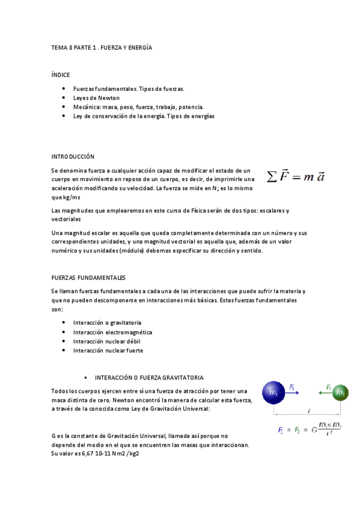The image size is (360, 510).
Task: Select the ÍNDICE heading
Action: coord(61,75)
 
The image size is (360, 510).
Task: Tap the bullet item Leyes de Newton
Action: coord(96,97)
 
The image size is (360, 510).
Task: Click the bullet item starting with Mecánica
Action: coord(138,106)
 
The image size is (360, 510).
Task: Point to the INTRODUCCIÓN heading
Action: coord(73,156)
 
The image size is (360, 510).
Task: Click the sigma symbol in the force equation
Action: coord(272,177)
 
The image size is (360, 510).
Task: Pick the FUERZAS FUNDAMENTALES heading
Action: coord(88,278)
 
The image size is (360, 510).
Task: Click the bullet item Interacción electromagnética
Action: coord(112,332)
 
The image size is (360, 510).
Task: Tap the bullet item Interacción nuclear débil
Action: coord(106,341)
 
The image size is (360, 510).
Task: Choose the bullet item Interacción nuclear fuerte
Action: coord(108,350)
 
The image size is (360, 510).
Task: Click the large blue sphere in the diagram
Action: coord(275,393)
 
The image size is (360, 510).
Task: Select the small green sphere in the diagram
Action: coord(340,393)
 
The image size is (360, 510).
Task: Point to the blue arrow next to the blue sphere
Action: coord(293,392)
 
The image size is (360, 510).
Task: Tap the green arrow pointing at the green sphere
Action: coord(325,392)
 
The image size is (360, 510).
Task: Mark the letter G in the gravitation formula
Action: coord(314,430)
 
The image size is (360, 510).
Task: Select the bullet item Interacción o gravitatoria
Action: coord(107,323)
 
